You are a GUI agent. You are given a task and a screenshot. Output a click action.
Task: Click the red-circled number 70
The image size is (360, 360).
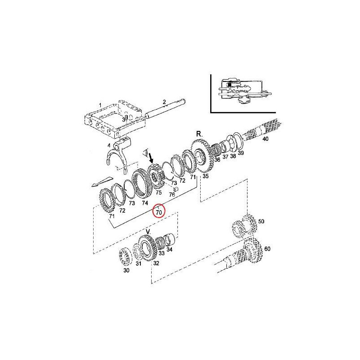[x=159, y=212]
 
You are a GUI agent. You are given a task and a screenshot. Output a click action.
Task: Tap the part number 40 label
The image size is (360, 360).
[x=265, y=139]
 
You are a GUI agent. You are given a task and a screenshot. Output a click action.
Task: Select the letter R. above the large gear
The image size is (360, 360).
[x=199, y=134]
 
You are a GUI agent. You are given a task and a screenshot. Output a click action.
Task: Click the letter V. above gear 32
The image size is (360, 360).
[x=148, y=232]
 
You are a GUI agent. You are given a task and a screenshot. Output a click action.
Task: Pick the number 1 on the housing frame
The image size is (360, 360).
[x=100, y=105]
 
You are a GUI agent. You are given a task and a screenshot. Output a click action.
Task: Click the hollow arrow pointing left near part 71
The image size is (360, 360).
[x=102, y=181]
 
